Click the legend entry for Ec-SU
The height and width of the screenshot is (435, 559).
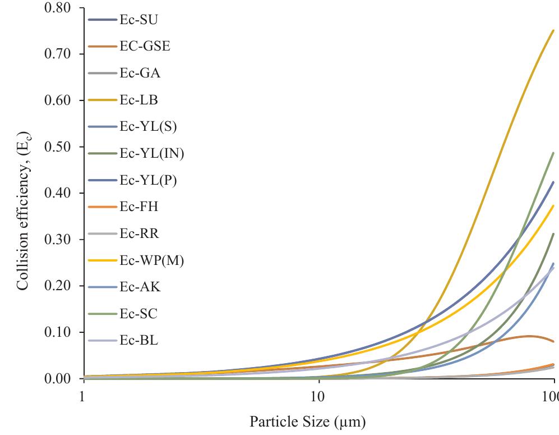(138, 20)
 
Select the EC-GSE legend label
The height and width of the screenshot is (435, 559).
(145, 47)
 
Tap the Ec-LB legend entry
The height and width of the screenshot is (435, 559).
(138, 100)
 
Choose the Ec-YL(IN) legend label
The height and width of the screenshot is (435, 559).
(151, 154)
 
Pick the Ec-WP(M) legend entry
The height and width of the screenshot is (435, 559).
(151, 260)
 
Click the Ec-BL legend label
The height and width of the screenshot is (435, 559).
(138, 340)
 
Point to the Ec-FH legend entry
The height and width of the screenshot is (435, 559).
(138, 207)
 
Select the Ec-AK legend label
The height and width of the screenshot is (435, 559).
(140, 287)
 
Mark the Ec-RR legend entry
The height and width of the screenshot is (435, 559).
(139, 234)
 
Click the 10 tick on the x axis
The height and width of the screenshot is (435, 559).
(318, 395)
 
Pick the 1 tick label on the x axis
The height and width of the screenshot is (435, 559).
(82, 395)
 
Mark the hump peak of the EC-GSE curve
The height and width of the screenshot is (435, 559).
(529, 336)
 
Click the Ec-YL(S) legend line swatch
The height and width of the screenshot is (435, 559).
(102, 127)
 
